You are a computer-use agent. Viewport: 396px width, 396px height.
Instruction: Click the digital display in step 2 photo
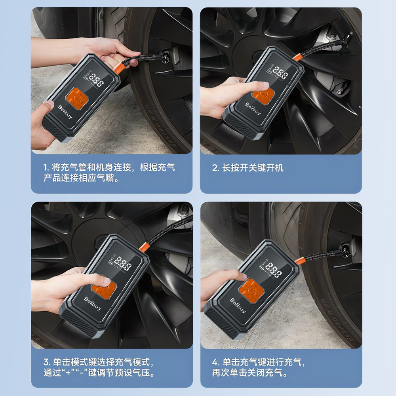tap(281, 73)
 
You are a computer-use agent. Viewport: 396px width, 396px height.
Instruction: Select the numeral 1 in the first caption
tap(46, 168)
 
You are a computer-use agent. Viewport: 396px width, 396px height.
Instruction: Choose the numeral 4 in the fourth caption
tap(215, 362)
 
